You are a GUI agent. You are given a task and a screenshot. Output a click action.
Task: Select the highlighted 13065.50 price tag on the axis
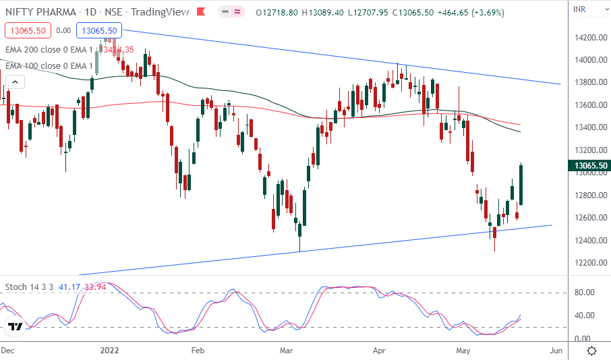point(589,165)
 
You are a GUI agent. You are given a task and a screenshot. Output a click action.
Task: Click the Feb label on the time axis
point(198,351)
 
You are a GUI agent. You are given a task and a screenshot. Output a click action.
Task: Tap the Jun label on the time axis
point(556,351)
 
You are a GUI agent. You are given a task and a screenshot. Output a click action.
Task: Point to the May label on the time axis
point(463,351)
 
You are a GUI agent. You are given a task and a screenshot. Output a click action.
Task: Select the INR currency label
point(579,9)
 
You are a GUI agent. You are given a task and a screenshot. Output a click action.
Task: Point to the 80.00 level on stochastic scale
point(584,293)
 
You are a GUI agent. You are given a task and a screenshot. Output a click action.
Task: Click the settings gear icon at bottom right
point(591,351)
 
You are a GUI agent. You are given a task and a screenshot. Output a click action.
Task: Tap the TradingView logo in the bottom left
point(16,327)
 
